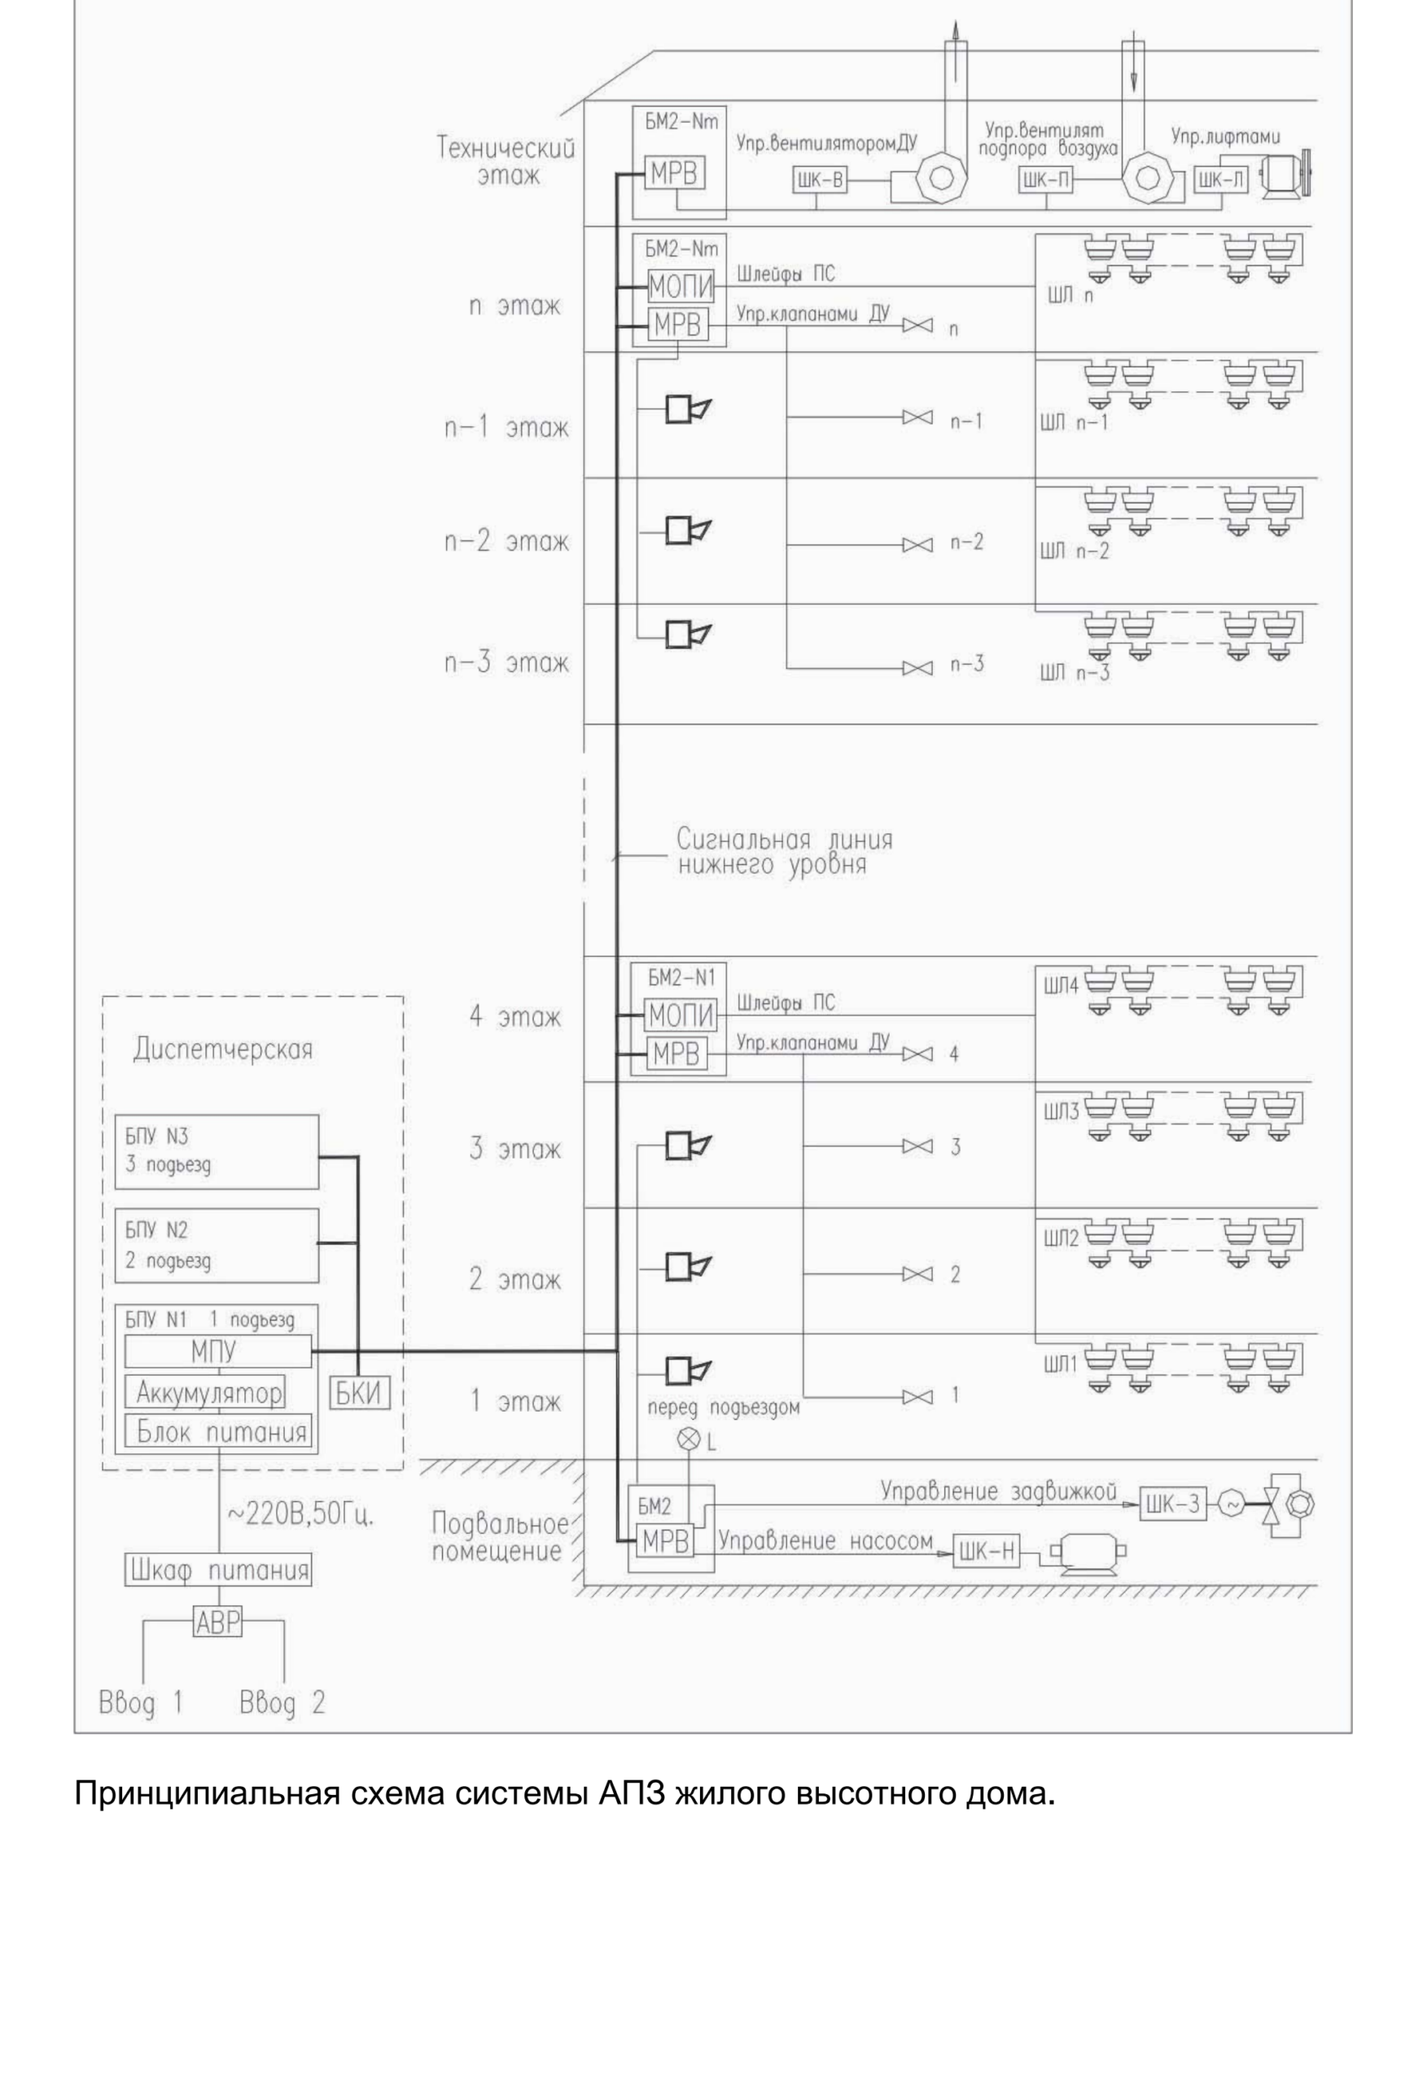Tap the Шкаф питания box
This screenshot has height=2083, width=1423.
point(218,1570)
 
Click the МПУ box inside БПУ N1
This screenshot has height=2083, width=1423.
point(218,1351)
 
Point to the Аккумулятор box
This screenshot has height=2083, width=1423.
point(205,1392)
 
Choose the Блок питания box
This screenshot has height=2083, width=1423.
point(218,1431)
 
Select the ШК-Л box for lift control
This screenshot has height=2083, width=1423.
point(1220,180)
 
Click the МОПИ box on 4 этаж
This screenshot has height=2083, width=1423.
point(681,1015)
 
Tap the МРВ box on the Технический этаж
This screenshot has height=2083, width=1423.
point(674,173)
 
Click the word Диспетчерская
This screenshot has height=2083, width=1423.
point(223,1050)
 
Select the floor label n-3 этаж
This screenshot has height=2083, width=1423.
point(506,663)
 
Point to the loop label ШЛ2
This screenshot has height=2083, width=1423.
point(1061,1238)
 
